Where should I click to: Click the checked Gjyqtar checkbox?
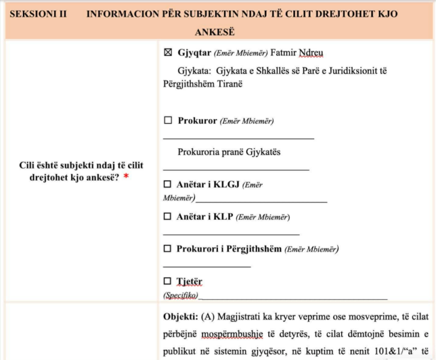[168, 53]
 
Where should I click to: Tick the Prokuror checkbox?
[168, 121]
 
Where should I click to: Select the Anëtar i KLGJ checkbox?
[168, 184]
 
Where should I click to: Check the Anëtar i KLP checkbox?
[168, 217]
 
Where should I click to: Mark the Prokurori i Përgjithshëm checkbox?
[168, 248]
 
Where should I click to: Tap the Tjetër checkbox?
[168, 281]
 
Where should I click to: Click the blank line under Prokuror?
[238, 138]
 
